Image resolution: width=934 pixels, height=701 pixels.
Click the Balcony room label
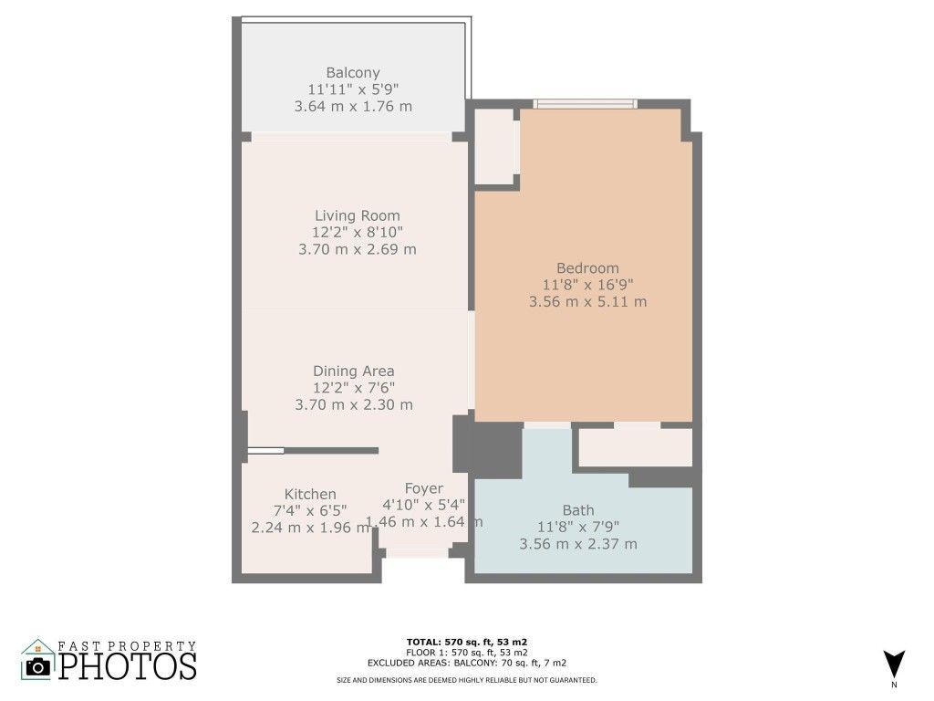coord(353,73)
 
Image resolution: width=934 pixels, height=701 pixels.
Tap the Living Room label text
coord(357,215)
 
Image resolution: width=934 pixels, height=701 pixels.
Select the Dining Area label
coord(353,371)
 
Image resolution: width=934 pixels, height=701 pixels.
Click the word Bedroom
coord(587,268)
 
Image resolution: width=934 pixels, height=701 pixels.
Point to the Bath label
coord(578,510)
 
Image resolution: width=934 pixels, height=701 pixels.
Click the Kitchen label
coord(310,494)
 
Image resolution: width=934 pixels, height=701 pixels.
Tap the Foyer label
coord(423,489)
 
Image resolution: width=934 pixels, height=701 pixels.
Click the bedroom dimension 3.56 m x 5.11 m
coord(587,301)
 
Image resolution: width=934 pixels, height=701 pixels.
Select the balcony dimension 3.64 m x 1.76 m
coord(353,106)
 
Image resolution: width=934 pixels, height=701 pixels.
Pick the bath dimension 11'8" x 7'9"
coord(578,528)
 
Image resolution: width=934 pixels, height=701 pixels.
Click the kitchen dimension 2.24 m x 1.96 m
coord(310,527)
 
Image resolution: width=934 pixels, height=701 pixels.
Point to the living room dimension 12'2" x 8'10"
coord(357,232)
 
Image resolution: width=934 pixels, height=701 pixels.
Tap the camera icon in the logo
coord(38,666)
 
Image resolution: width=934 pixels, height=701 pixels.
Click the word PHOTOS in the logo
coord(128,665)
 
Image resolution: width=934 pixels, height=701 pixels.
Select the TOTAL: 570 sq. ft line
coord(467,642)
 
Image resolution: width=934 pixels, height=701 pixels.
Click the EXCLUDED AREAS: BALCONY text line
coord(467,663)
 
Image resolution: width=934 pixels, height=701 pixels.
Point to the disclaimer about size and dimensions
coord(467,680)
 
